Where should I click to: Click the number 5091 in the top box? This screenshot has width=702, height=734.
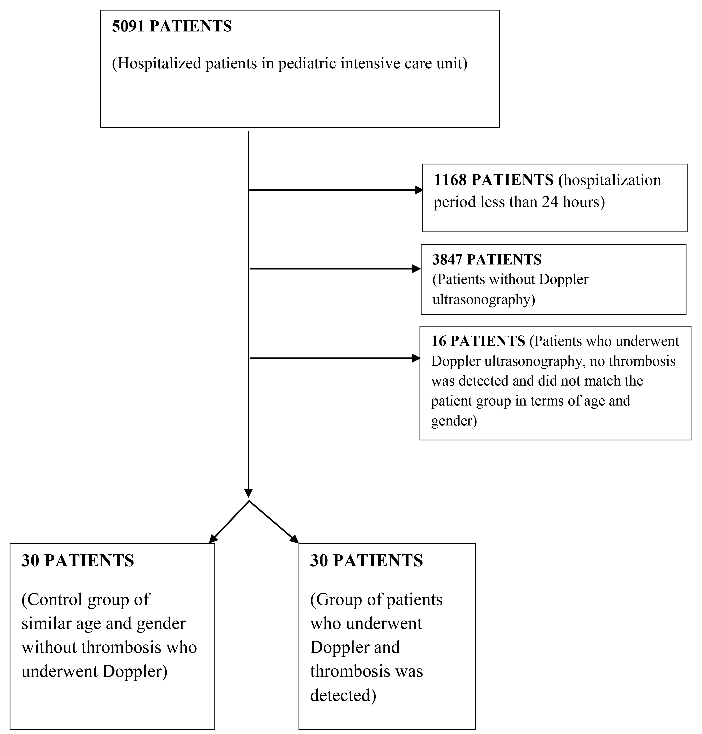click(128, 26)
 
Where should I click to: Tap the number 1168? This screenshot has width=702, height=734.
click(450, 180)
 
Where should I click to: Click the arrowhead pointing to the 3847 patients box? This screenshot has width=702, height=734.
click(416, 269)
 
